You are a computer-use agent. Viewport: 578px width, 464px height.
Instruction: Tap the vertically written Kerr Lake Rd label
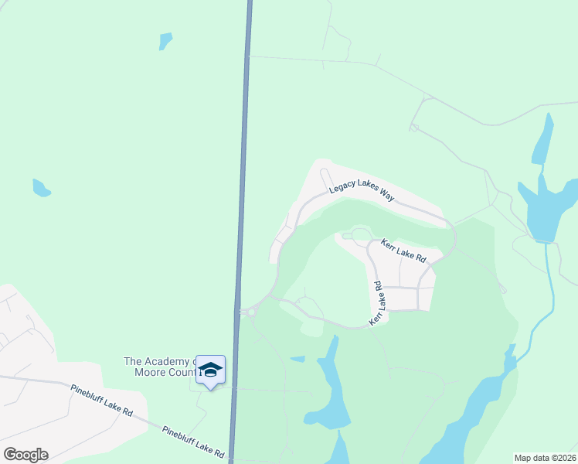point(376,302)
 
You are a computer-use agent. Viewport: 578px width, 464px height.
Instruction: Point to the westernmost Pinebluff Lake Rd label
point(101,401)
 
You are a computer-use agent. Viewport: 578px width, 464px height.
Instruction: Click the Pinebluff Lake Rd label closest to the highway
point(192,441)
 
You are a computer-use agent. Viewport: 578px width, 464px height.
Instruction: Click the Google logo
point(25,455)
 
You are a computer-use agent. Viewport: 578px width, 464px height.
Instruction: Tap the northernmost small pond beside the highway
point(165,40)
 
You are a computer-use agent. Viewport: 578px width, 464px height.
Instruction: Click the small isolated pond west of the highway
point(41,188)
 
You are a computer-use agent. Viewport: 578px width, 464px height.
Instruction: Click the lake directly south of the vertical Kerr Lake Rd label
point(329,387)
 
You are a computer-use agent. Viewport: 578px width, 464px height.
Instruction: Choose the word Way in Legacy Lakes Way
point(386,196)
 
